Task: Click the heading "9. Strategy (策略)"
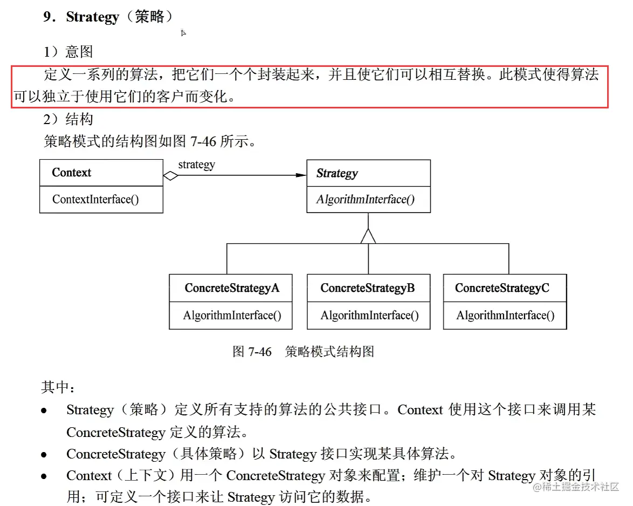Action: pos(108,17)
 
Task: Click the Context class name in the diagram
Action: pos(72,173)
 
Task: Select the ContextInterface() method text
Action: pos(95,199)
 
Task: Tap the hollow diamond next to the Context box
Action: pos(171,175)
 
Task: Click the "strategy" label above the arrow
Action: pos(196,165)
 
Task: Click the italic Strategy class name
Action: pos(337,173)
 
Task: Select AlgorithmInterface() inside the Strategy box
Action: pos(365,199)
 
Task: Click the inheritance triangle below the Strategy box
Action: pos(368,236)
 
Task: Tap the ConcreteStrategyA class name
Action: pos(232,288)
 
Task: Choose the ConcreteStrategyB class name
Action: pos(368,288)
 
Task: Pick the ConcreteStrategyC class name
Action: pos(502,288)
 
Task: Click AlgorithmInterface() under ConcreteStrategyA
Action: pos(232,315)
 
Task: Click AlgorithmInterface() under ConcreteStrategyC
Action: pos(505,315)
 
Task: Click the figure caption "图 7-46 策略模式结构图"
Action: pos(303,352)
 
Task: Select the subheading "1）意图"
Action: pos(68,52)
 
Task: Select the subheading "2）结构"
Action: pos(68,119)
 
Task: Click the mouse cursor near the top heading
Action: pos(183,33)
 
